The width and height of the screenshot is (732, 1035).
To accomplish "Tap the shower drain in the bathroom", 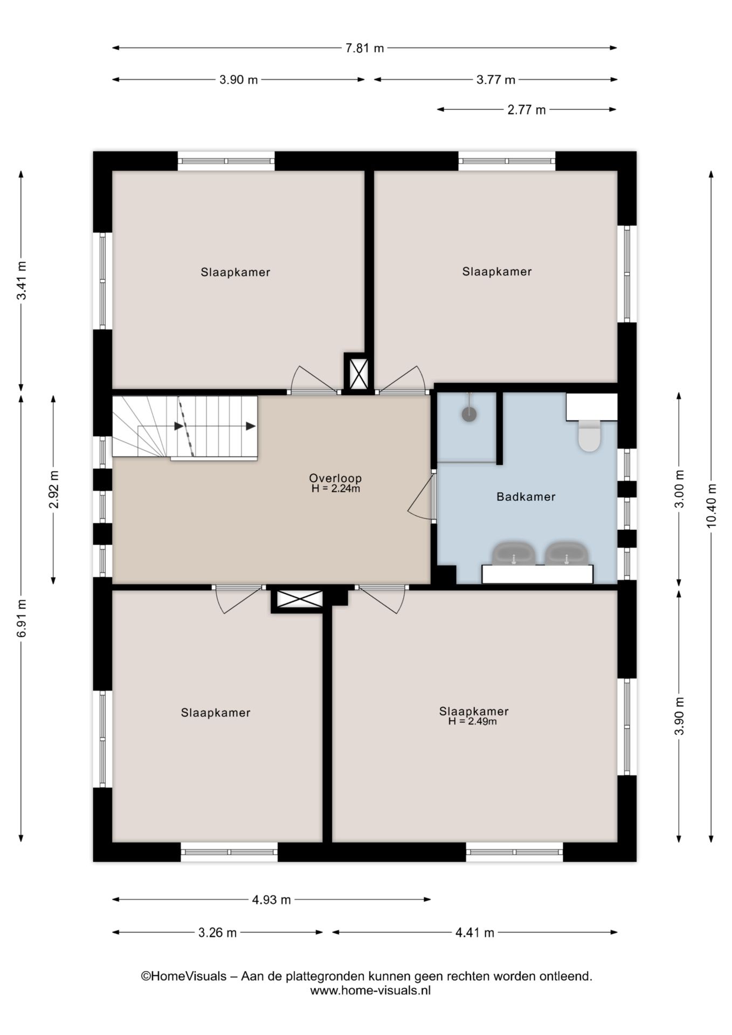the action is coord(469,414).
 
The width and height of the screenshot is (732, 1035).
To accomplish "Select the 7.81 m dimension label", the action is coord(365,48).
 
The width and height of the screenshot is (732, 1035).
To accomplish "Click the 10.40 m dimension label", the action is coord(711,506).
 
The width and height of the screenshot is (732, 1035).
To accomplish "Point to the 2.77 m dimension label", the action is coord(527,110).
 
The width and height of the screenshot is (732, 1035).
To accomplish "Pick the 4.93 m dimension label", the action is coord(271,900).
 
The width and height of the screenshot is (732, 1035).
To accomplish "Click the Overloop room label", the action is coord(335,478).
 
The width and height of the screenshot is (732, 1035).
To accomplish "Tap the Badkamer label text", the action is coord(526,496).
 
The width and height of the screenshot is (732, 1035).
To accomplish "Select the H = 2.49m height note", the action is coord(473,721).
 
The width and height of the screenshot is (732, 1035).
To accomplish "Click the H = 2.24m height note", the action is coord(336,489).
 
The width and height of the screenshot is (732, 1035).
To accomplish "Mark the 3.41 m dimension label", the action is coord(21,281).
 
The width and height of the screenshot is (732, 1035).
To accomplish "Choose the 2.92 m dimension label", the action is coord(53,489).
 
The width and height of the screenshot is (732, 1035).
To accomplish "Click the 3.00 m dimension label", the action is coord(679,489).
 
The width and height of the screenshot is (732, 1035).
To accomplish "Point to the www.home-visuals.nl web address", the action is coord(370,990).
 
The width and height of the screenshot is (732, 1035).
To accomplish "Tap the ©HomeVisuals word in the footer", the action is coord(184,976).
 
